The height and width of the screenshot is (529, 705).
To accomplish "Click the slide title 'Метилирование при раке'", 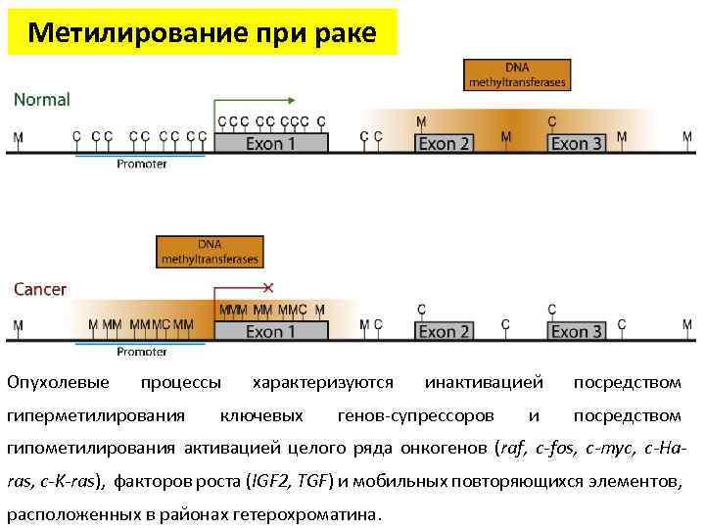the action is pyautogui.click(x=202, y=32).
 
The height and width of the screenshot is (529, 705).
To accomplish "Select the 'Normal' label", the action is pyautogui.click(x=41, y=99).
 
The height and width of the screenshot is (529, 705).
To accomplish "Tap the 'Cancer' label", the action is pyautogui.click(x=40, y=289).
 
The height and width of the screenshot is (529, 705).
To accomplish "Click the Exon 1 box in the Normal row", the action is pyautogui.click(x=270, y=143).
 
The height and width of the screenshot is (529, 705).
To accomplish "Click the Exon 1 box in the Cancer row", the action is pyautogui.click(x=270, y=331).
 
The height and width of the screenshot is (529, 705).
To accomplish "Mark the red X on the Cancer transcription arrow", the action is pyautogui.click(x=268, y=288).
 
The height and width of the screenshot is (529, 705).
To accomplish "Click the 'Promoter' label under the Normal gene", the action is pyautogui.click(x=142, y=165).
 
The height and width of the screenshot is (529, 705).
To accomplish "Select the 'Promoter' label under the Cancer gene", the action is pyautogui.click(x=142, y=352).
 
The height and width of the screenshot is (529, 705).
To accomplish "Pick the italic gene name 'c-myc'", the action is pyautogui.click(x=608, y=449).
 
